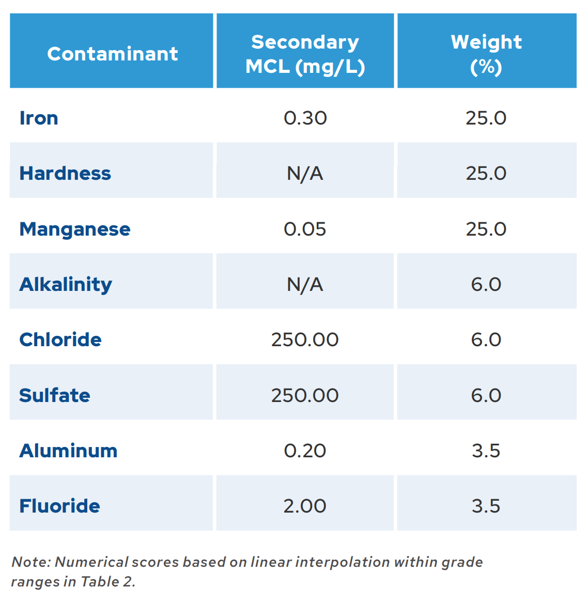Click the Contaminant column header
click(x=112, y=54)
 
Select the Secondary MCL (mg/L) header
click(x=305, y=54)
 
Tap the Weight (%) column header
click(x=486, y=54)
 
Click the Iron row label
click(x=39, y=118)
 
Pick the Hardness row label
click(x=65, y=173)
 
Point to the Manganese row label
click(x=75, y=229)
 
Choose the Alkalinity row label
click(x=66, y=284)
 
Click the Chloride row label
click(x=60, y=339)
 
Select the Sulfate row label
click(x=55, y=395)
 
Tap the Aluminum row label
click(x=68, y=451)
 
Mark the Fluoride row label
click(x=59, y=506)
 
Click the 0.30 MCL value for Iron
click(x=305, y=118)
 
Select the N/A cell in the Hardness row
click(x=305, y=173)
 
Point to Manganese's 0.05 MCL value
click(x=305, y=229)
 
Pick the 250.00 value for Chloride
click(x=305, y=339)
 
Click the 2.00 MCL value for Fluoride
click(x=305, y=506)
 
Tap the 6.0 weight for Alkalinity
click(x=486, y=284)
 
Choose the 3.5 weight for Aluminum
click(x=486, y=451)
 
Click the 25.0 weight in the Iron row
click(x=486, y=118)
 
